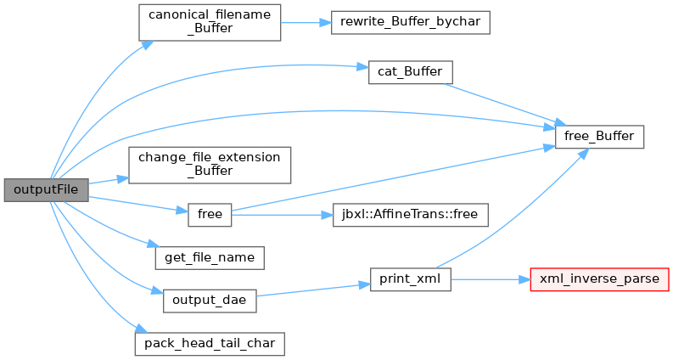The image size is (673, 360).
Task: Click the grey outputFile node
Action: (x=47, y=190)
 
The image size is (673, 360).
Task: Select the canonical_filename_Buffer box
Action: (x=210, y=23)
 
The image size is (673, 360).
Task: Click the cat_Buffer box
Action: (x=410, y=72)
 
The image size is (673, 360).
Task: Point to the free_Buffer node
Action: (x=599, y=137)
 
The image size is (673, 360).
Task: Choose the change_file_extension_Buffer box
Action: (x=210, y=166)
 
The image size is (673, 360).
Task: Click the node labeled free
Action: (x=210, y=215)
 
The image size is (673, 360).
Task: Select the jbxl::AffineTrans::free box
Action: (x=410, y=215)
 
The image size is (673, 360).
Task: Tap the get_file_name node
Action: (x=210, y=258)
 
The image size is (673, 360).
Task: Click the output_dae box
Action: (x=210, y=301)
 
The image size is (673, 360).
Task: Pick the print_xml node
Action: (x=410, y=279)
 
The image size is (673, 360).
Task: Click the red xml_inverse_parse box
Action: (x=599, y=279)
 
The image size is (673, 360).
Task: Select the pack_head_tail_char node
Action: (x=210, y=344)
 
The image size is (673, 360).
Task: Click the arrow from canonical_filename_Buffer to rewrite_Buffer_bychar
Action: (x=306, y=23)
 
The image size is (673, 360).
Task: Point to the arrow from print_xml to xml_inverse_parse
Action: (x=491, y=279)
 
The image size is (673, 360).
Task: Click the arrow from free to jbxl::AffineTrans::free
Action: (x=282, y=215)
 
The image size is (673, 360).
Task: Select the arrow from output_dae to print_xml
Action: (x=313, y=290)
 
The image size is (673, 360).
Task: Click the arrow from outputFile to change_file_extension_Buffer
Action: (x=109, y=181)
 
